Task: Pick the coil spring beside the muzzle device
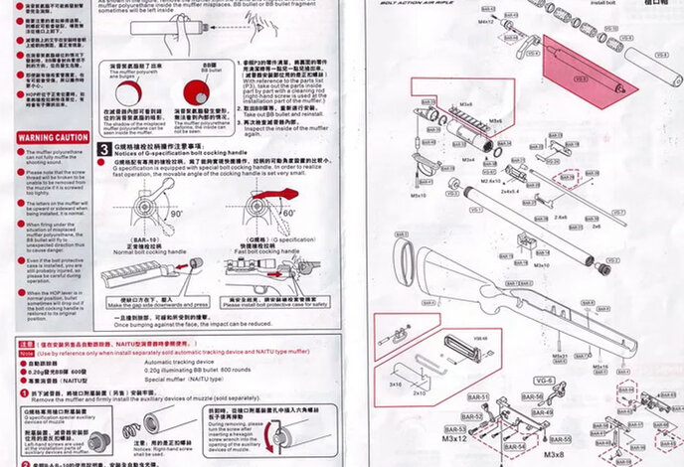tap(132, 430)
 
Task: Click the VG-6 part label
tap(545, 380)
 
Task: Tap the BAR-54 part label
tap(514, 447)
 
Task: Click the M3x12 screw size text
tap(455, 438)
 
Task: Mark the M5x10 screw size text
tap(419, 196)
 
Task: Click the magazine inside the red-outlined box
tap(459, 352)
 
